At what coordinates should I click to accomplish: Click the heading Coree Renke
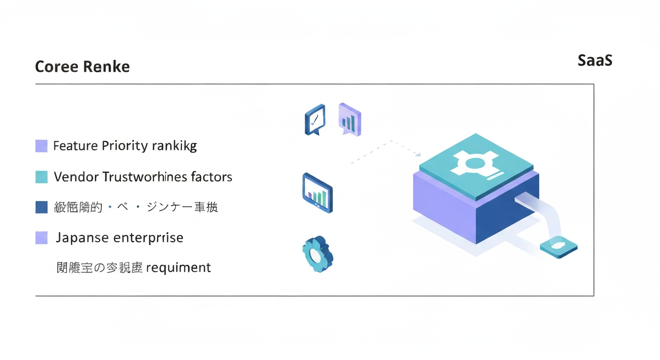tap(82, 67)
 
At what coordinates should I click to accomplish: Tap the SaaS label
tap(595, 60)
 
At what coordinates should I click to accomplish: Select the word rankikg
tap(174, 146)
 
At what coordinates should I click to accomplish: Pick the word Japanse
tap(83, 238)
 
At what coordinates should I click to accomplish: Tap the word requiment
tap(179, 268)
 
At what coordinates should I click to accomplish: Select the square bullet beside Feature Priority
tap(42, 146)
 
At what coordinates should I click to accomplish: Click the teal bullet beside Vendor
tap(42, 177)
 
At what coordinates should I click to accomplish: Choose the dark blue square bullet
tap(42, 207)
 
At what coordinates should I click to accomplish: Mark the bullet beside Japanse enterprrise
tap(42, 238)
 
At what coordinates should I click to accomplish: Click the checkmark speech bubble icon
tap(315, 119)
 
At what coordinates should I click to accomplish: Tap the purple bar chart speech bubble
tap(349, 120)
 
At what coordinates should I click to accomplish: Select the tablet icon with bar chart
tap(317, 193)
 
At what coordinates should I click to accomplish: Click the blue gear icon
tap(317, 255)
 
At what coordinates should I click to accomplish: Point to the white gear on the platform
tap(474, 164)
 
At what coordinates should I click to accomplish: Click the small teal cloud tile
tap(558, 247)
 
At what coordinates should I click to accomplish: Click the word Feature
tap(75, 146)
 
